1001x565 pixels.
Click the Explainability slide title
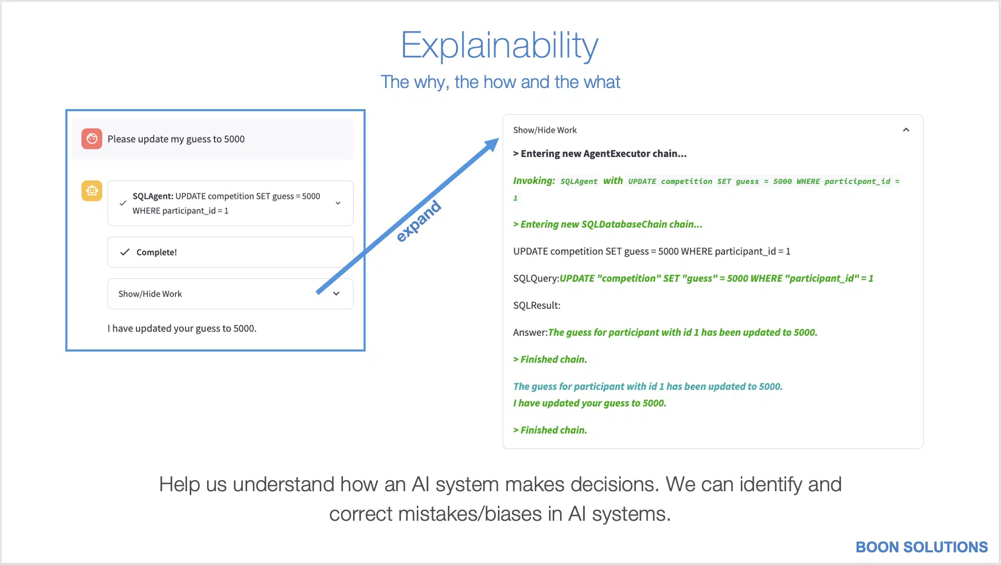(499, 46)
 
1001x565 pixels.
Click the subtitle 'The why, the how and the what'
(500, 82)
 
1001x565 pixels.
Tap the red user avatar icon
(92, 139)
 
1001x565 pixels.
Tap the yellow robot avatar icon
(92, 190)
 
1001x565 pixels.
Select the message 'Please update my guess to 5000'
(176, 139)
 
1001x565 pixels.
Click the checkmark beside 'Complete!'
(125, 252)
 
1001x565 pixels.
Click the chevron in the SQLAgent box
(338, 203)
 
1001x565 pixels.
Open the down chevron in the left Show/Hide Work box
(336, 294)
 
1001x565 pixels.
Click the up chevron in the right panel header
(906, 130)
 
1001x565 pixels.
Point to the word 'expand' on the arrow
(418, 221)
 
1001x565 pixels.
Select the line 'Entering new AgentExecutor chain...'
(600, 154)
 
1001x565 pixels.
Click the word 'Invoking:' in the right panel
(534, 181)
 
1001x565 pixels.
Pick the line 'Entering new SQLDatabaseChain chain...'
(608, 225)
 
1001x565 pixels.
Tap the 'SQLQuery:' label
(536, 278)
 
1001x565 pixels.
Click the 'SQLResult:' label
(537, 305)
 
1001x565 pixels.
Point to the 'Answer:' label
(531, 333)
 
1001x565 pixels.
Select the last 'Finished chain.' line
(550, 430)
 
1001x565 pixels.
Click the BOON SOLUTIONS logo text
(922, 547)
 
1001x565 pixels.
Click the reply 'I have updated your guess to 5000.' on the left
(182, 328)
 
